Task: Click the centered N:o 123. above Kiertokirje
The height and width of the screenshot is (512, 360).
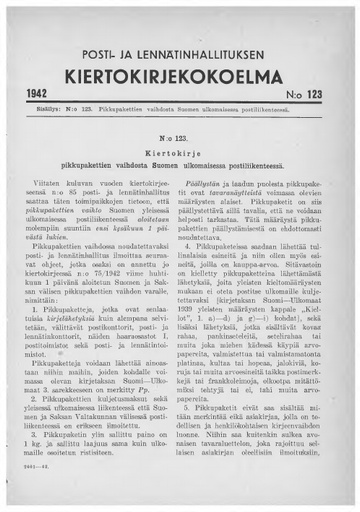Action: pos(180,131)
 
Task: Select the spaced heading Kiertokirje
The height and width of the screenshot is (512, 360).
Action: pos(180,145)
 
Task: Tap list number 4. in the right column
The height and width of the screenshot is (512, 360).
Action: pos(198,244)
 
